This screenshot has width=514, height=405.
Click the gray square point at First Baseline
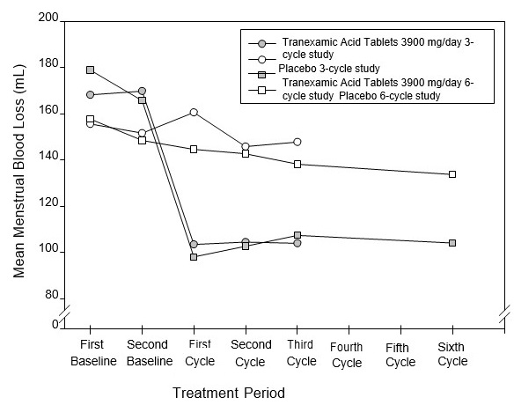click(91, 70)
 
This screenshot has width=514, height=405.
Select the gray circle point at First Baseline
click(91, 94)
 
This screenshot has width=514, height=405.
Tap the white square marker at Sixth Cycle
click(452, 174)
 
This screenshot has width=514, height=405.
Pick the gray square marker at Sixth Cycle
click(452, 243)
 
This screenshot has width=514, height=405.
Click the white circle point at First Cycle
click(194, 113)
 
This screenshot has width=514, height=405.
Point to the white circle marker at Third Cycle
click(297, 142)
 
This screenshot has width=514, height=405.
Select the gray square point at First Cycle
click(194, 257)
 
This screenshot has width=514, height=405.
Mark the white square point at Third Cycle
click(297, 164)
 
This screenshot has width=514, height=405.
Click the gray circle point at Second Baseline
click(142, 92)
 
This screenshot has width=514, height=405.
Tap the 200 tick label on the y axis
click(50, 18)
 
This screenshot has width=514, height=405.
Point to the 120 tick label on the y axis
click(50, 204)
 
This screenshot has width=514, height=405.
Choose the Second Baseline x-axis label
click(148, 354)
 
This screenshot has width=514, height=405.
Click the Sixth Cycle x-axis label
click(452, 354)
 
